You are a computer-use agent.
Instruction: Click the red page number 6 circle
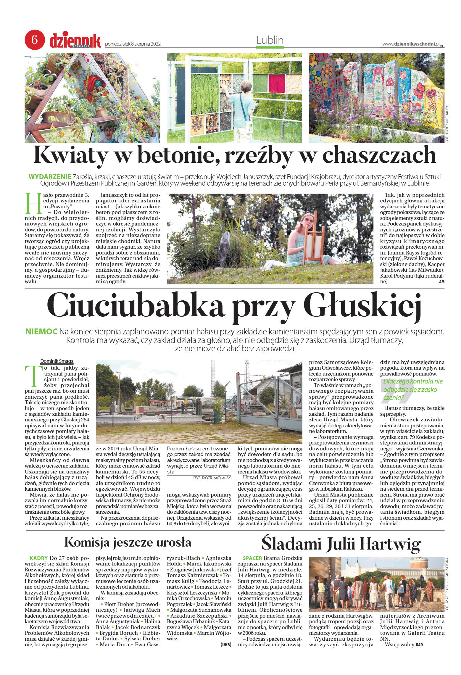35,40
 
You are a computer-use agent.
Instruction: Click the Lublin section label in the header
270,40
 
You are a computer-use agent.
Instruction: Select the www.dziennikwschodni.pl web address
411,44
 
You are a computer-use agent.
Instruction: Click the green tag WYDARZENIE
50,177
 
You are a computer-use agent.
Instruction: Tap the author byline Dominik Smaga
57,361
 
